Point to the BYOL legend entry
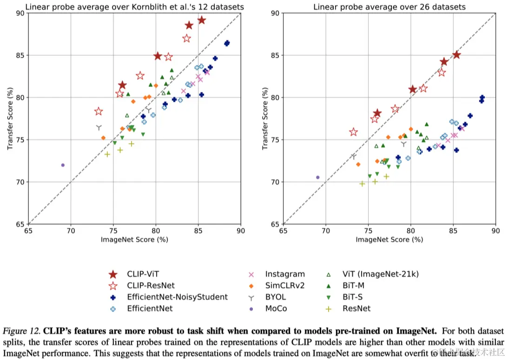tap(276, 297)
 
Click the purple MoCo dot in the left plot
tap(63, 165)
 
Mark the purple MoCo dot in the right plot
tap(318, 177)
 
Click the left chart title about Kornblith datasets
tap(134, 7)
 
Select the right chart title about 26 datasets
tap(389, 7)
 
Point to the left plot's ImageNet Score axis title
tap(134, 240)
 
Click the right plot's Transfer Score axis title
tap(265, 118)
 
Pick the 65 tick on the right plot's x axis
tap(283, 230)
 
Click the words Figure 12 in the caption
tap(22, 332)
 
